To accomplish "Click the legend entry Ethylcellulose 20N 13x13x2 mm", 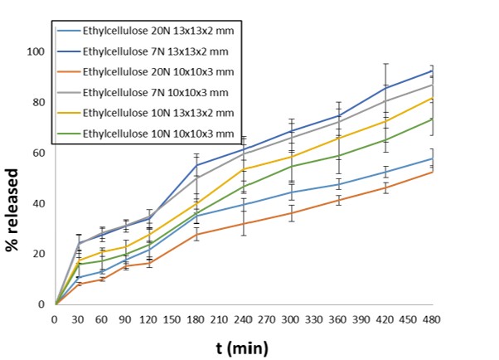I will [146, 32].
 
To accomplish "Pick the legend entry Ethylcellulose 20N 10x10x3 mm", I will [146, 71].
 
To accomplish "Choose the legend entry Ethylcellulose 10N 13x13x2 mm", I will [146, 111].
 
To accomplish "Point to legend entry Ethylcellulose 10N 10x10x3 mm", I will [146, 131].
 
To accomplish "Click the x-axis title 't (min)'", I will [241, 346].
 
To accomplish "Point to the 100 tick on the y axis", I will [36, 51].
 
